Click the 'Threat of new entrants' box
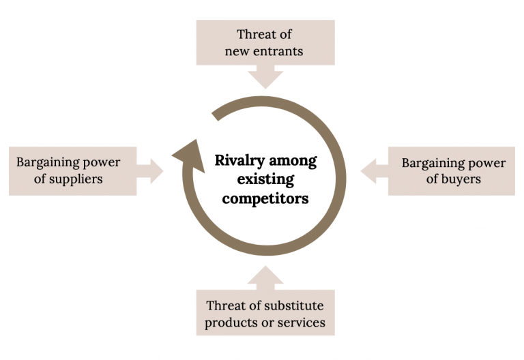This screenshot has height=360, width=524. [265, 42]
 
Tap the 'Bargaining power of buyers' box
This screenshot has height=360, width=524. [452, 170]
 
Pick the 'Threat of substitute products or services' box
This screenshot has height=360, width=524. [265, 314]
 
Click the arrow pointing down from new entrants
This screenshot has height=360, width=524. [265, 77]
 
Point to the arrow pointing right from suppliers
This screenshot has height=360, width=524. [151, 170]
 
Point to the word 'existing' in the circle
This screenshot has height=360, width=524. [265, 181]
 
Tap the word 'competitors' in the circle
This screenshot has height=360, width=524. [265, 199]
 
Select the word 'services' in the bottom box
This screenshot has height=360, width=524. [300, 322]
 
